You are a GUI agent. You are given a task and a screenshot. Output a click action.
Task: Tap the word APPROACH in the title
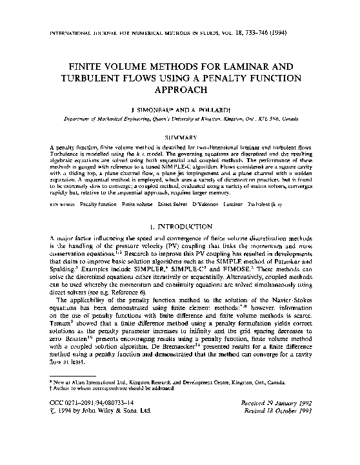[x=180, y=91]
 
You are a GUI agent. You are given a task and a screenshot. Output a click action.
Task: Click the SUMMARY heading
[x=180, y=137]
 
